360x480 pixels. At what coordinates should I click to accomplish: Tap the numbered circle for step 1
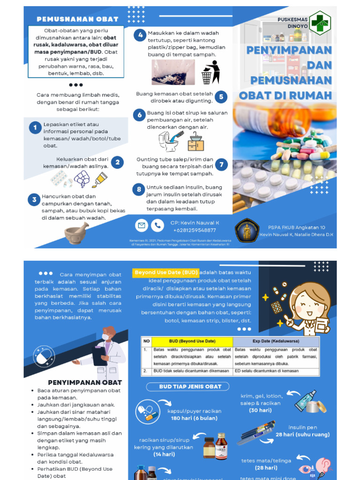[34, 127]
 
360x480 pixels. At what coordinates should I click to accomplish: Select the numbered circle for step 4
[139, 36]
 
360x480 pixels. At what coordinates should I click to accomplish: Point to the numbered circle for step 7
[221, 164]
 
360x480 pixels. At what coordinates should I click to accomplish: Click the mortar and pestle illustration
[76, 232]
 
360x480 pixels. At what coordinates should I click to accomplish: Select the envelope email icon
[141, 225]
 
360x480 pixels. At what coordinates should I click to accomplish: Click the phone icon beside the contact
[157, 225]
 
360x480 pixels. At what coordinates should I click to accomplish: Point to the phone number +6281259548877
[195, 230]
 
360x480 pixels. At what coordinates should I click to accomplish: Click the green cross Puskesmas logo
[320, 22]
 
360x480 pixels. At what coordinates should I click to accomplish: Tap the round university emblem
[247, 231]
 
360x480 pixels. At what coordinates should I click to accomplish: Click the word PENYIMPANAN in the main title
[289, 49]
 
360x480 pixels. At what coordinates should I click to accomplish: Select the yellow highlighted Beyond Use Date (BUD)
[165, 272]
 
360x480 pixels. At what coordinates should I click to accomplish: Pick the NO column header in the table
[146, 341]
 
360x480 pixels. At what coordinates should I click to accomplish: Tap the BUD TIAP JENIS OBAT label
[187, 387]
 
